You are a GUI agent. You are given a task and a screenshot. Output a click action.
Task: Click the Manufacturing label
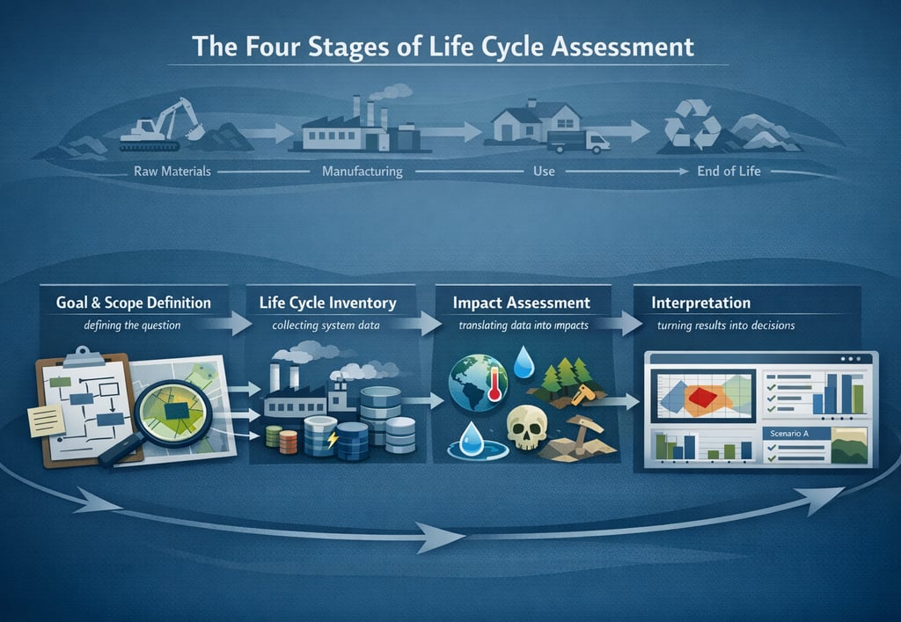tap(362, 171)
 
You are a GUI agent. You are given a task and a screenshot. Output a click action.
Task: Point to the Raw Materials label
tap(172, 171)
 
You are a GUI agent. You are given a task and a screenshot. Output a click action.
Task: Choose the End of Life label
tap(729, 171)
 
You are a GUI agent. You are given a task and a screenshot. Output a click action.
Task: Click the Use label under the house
tap(544, 171)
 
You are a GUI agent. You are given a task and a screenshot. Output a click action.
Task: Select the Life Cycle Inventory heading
tap(327, 304)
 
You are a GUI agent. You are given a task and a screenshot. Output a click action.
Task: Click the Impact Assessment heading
tap(521, 304)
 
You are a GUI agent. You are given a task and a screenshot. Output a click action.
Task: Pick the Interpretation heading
tap(700, 304)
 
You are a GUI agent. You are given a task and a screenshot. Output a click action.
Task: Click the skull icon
tap(527, 432)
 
